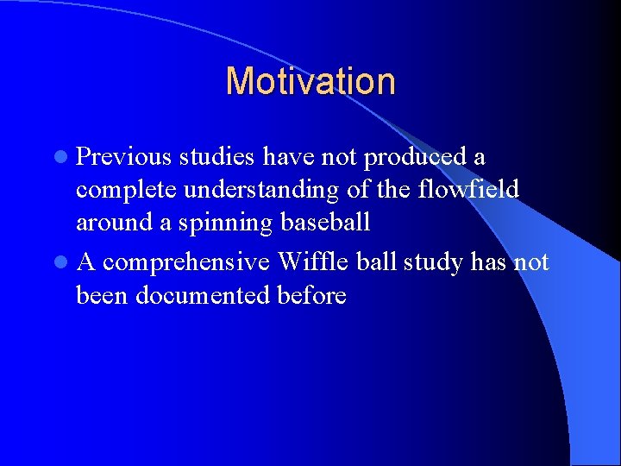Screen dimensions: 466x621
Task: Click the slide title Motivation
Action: click(x=310, y=82)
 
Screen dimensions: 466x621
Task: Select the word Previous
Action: click(x=122, y=157)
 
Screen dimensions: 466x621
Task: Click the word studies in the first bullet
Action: click(x=216, y=157)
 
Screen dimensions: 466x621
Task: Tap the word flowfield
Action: click(x=467, y=189)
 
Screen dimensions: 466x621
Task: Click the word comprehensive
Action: click(x=186, y=262)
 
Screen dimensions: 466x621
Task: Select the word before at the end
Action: click(x=311, y=295)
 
